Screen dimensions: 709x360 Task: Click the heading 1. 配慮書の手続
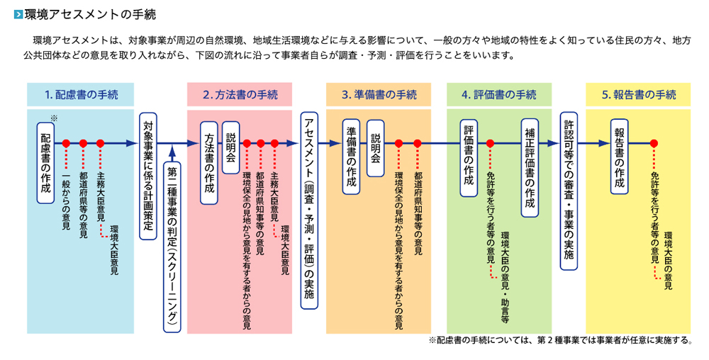[81, 94]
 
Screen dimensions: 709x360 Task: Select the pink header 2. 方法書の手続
[240, 94]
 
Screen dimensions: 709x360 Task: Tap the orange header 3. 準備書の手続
[379, 94]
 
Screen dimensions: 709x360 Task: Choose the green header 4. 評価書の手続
[499, 94]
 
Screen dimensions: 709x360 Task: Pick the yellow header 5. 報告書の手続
[639, 94]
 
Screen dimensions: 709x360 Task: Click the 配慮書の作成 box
[45, 162]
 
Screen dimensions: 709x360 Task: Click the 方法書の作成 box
[209, 162]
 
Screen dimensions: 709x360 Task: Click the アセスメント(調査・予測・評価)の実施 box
[309, 210]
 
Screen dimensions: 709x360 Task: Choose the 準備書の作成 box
[352, 157]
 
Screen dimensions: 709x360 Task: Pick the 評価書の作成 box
[469, 157]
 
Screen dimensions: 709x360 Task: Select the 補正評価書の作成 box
[530, 167]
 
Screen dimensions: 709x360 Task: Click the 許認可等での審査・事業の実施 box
[569, 191]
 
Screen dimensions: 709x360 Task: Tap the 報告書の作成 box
[620, 157]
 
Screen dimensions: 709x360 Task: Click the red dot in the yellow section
[654, 144]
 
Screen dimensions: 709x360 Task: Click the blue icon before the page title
[18, 14]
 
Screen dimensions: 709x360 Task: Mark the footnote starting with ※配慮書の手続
[561, 340]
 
